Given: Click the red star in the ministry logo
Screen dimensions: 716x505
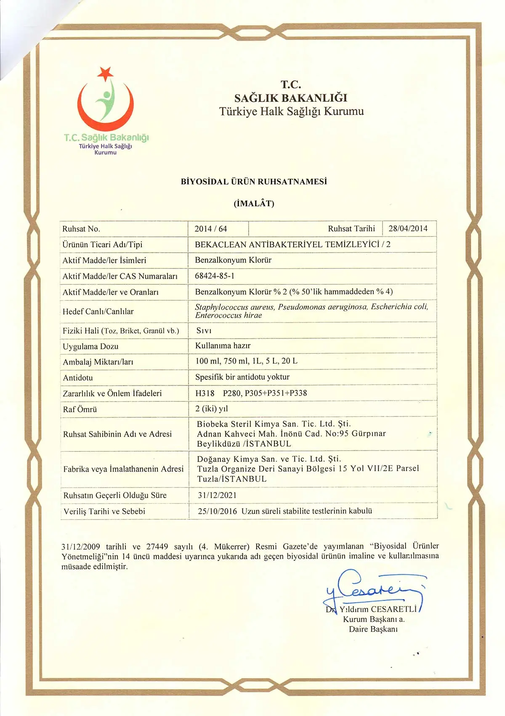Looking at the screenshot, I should click(105, 73).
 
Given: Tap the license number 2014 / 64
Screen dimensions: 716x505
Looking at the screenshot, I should click(210, 229).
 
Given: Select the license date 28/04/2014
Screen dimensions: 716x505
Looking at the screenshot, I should click(408, 228).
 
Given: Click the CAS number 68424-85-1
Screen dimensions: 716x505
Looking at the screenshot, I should click(215, 276).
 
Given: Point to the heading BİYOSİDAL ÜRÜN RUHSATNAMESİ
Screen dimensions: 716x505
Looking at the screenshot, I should click(254, 182).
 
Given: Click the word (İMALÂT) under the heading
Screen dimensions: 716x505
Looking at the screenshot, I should click(254, 204).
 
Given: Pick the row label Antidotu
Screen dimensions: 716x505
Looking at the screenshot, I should click(78, 378).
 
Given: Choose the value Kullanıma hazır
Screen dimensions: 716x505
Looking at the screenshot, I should click(223, 346).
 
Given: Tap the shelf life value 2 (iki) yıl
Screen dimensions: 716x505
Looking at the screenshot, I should click(212, 408).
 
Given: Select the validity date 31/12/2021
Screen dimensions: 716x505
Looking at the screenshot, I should click(217, 495).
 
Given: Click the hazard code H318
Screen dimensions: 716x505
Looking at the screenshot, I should click(205, 393).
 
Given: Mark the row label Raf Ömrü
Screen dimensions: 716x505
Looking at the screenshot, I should click(80, 409).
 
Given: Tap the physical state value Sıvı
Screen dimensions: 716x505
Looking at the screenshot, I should click(204, 331).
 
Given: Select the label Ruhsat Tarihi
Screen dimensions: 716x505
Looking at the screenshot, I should click(351, 228).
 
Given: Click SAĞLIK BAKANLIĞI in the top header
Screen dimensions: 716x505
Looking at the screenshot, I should click(291, 98).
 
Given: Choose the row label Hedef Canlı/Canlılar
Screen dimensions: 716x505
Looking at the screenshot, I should click(98, 312).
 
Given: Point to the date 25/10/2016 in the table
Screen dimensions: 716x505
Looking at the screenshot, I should click(217, 511).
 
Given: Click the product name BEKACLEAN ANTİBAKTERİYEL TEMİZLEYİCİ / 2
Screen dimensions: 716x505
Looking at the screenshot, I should click(292, 244).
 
